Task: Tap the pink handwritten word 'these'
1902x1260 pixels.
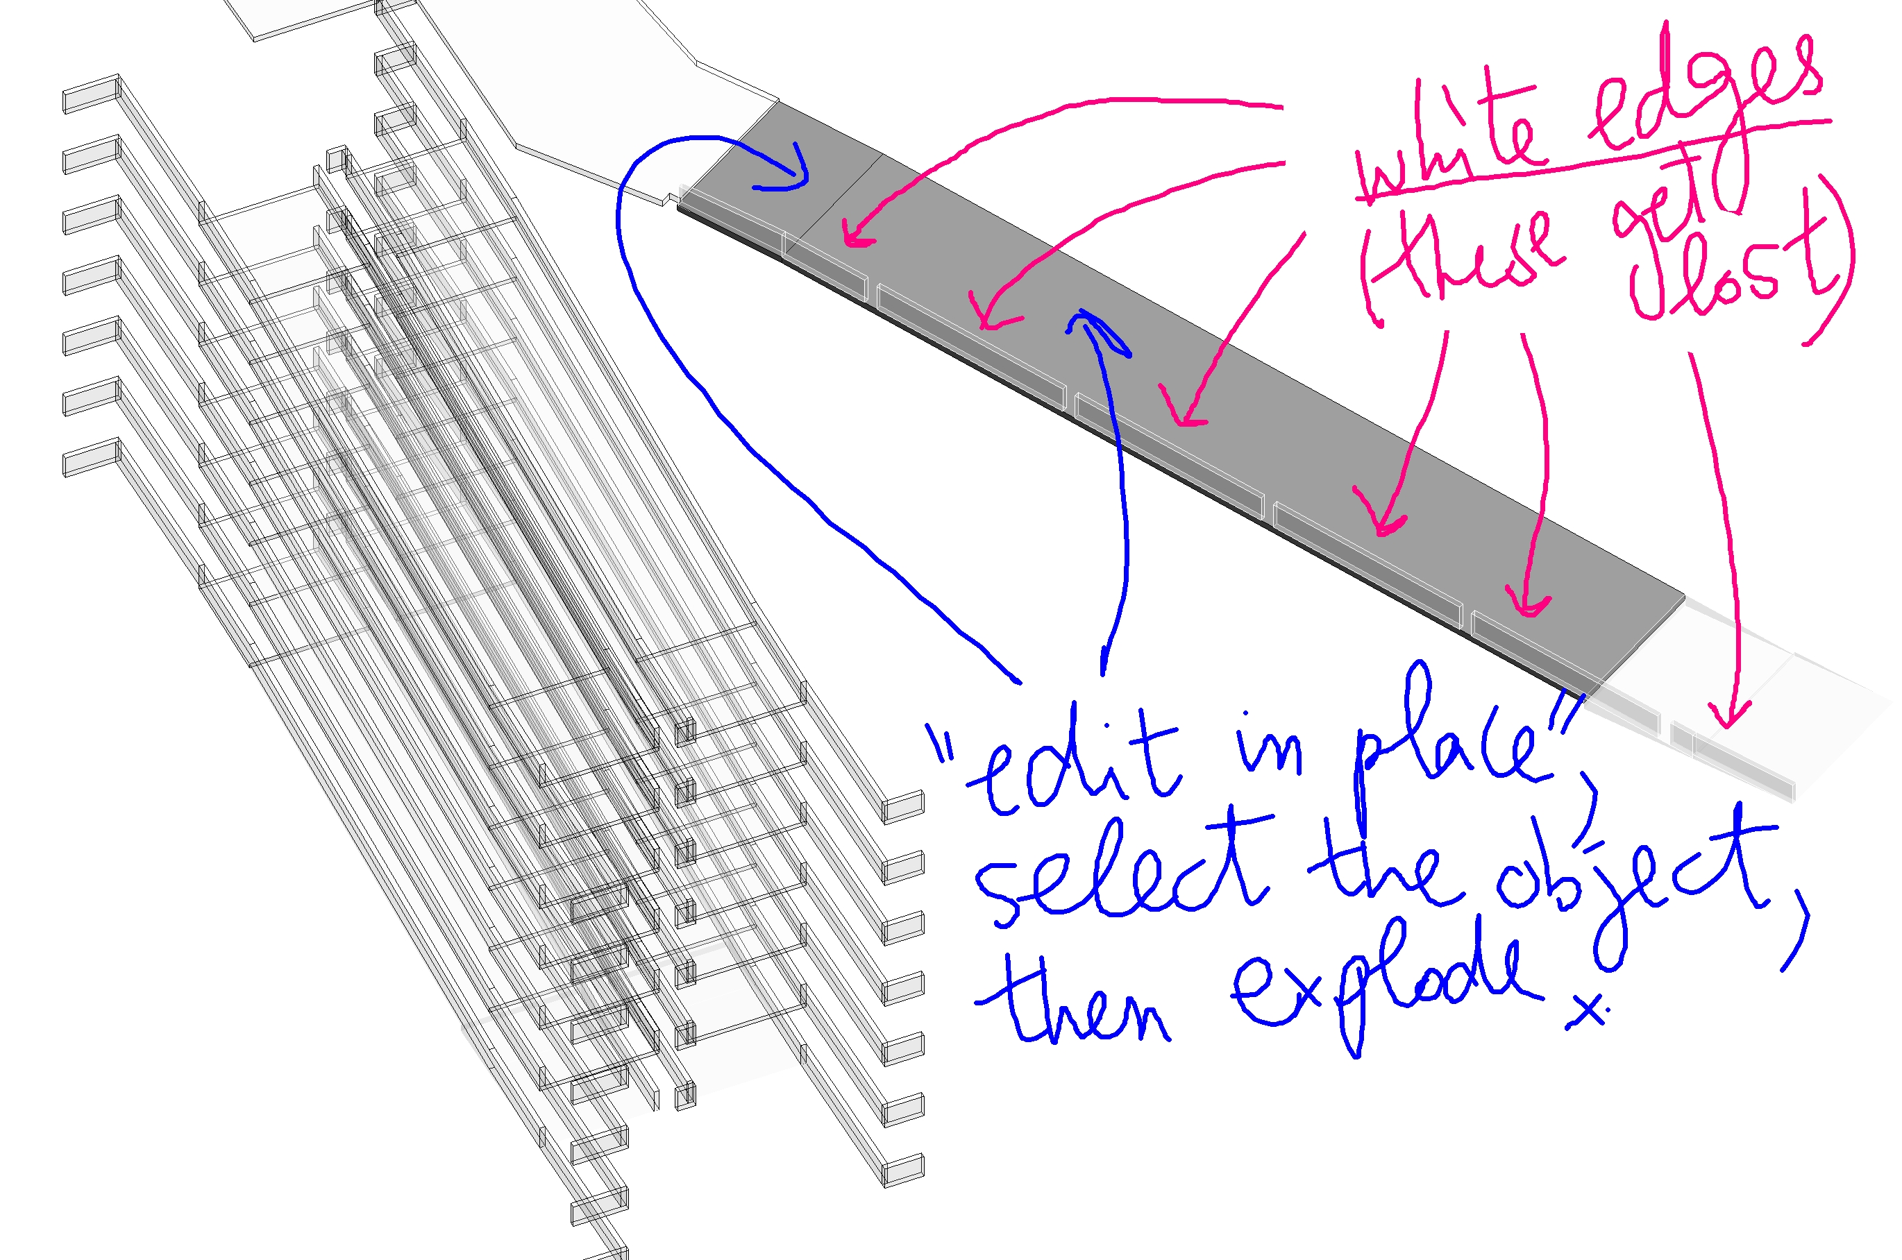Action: [x=1471, y=253]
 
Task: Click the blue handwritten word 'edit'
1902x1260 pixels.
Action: [x=1069, y=763]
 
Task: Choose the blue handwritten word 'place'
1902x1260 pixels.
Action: [x=1447, y=747]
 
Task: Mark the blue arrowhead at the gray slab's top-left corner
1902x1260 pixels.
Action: [x=792, y=173]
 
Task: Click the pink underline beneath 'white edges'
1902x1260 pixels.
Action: [x=1592, y=161]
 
